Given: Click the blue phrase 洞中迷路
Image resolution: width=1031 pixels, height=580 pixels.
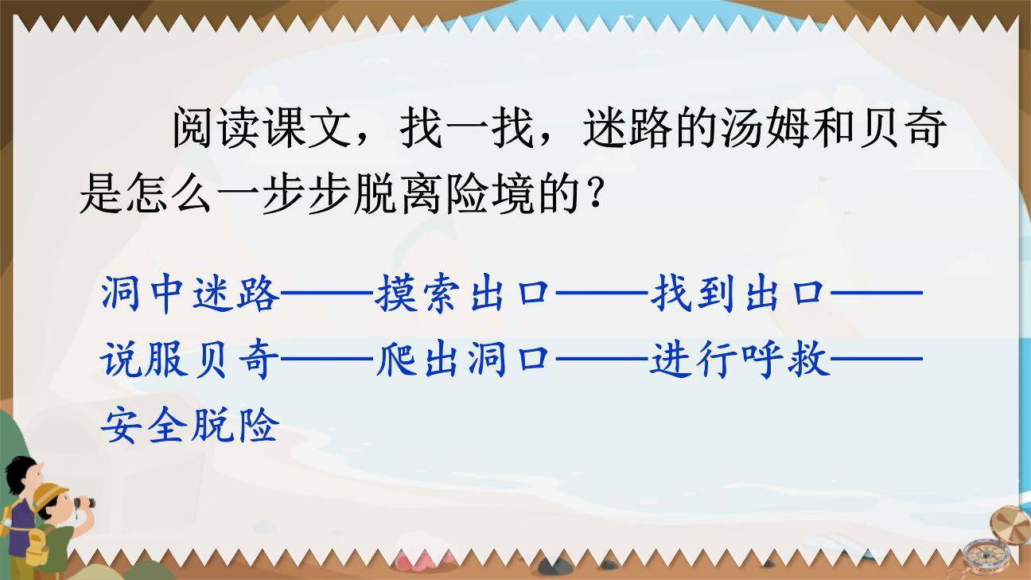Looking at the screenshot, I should (191, 295).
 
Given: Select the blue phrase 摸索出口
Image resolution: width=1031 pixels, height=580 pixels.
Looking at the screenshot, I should (465, 295).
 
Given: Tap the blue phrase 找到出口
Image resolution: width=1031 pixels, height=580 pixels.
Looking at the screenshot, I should (739, 295).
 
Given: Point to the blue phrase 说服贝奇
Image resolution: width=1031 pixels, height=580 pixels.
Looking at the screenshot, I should (191, 363).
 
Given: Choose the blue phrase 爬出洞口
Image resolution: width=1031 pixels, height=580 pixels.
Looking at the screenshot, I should (465, 363).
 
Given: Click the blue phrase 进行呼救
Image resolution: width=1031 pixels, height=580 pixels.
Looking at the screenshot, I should (739, 363).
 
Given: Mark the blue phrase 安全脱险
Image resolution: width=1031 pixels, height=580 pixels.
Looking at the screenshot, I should (191, 428).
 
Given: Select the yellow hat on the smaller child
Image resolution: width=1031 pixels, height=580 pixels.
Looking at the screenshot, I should (49, 496).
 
